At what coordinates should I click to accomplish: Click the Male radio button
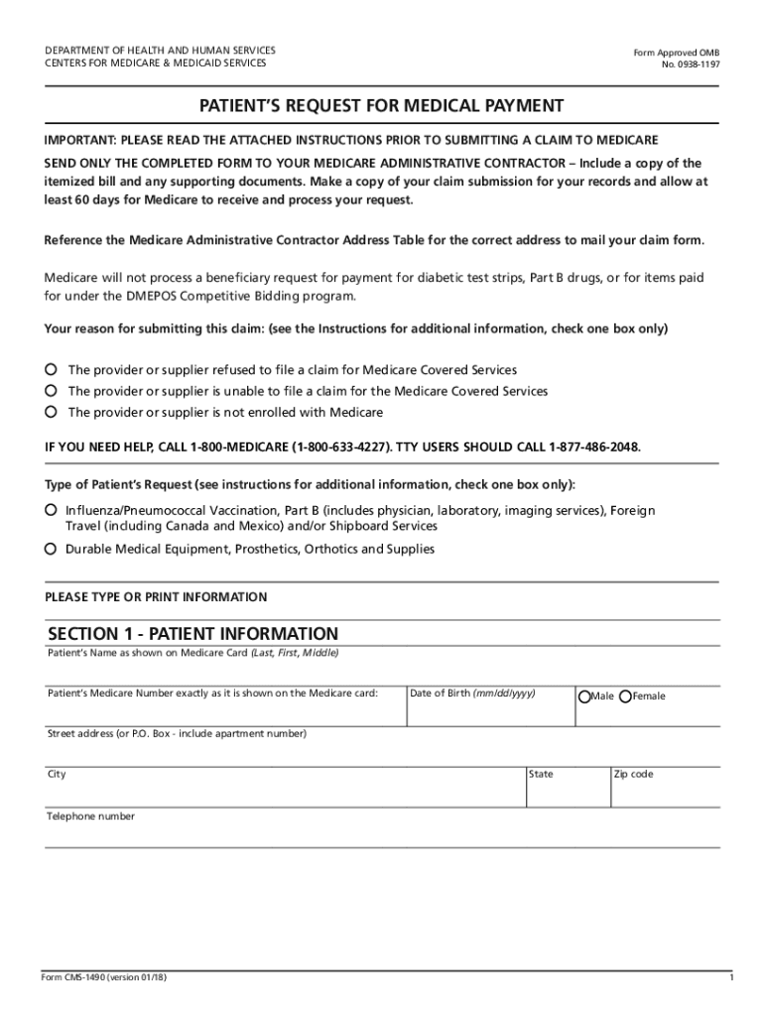click(x=584, y=697)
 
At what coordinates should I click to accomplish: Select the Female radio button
click(x=625, y=697)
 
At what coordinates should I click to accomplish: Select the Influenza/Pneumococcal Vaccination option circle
click(x=51, y=510)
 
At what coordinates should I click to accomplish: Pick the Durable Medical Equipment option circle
click(x=51, y=549)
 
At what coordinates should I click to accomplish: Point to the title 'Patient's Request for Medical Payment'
click(x=381, y=106)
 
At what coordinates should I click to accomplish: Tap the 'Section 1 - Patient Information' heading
click(x=193, y=634)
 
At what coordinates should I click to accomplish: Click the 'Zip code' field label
click(x=633, y=774)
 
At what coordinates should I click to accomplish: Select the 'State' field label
click(x=542, y=774)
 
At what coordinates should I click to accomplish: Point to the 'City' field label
click(x=57, y=774)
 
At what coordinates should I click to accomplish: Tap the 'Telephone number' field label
click(x=91, y=817)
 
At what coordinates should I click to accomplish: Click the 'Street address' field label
click(x=178, y=734)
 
